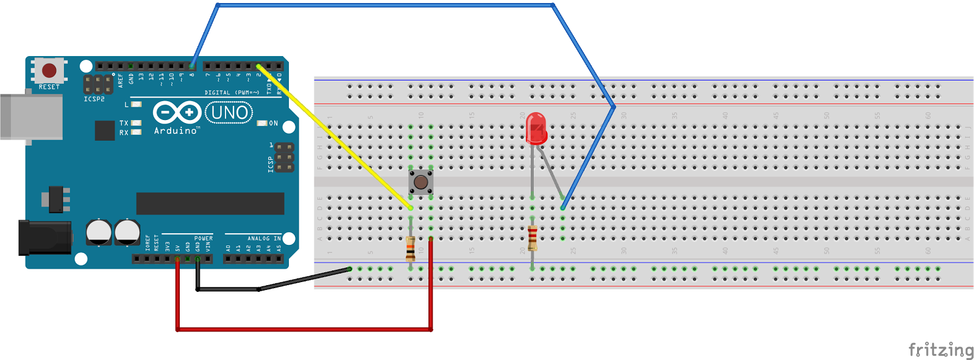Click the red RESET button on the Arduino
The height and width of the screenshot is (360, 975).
click(49, 70)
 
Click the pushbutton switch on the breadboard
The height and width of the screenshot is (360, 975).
click(420, 182)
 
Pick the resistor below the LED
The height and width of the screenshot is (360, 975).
click(533, 238)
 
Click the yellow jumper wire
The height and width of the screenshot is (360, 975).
click(335, 136)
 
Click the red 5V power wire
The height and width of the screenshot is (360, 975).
click(305, 330)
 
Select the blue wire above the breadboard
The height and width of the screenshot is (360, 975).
click(384, 5)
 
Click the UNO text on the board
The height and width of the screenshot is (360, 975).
click(229, 113)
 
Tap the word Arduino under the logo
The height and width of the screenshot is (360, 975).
click(175, 130)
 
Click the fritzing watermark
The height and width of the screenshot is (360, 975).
click(941, 350)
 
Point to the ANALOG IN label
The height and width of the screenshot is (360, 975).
click(263, 238)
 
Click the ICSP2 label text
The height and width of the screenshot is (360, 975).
click(94, 99)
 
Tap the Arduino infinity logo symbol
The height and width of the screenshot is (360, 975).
click(177, 113)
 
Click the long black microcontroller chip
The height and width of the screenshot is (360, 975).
click(210, 203)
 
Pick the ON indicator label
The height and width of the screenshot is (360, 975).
click(273, 123)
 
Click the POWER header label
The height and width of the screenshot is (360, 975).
click(204, 238)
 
